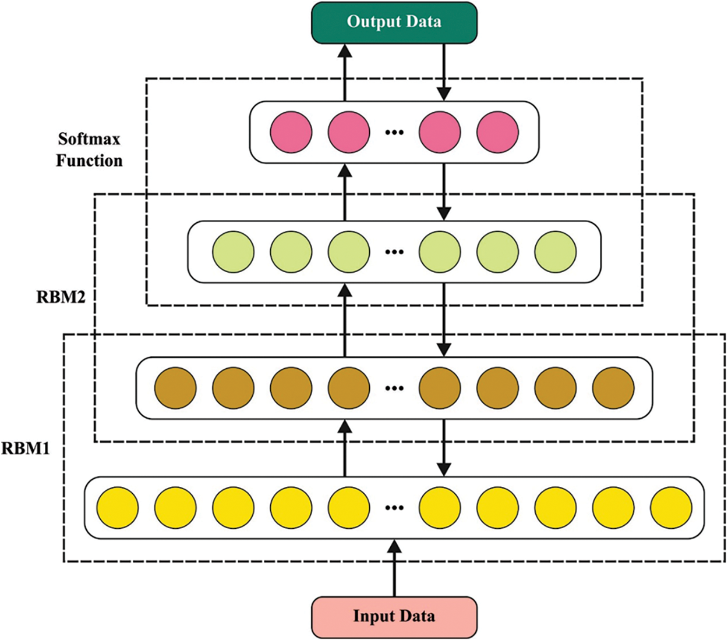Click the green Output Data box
click(394, 23)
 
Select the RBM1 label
click(25, 448)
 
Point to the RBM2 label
click(61, 297)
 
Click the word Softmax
click(89, 139)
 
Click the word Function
click(89, 161)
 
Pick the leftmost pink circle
click(291, 132)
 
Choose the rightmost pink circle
click(498, 132)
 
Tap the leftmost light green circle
click(233, 252)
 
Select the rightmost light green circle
click(556, 252)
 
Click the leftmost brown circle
click(175, 388)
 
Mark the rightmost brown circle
click(613, 388)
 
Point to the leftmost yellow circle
click(118, 508)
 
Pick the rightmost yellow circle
click(672, 508)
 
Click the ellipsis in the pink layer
click(394, 133)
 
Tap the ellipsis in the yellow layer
click(394, 508)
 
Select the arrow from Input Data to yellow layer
click(394, 568)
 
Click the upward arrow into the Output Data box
click(345, 73)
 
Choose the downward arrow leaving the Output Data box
click(444, 72)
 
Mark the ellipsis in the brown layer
click(394, 388)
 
